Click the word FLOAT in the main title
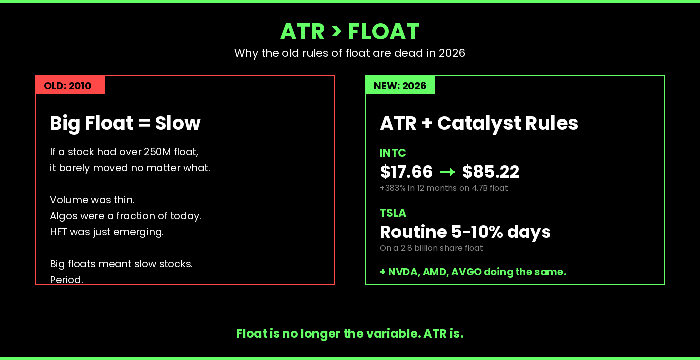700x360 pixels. click(x=383, y=32)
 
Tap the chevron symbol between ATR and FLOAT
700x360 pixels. click(x=336, y=31)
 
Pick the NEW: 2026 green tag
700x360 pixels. click(x=400, y=86)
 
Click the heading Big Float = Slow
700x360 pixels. click(x=125, y=123)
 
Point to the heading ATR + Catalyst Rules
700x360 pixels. click(x=479, y=123)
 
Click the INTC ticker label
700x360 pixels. click(x=393, y=153)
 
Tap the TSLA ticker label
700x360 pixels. click(x=393, y=213)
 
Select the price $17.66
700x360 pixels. click(x=406, y=172)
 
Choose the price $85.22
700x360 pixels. click(x=490, y=172)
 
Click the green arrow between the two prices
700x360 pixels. click(x=447, y=172)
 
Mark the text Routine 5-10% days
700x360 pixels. click(x=465, y=232)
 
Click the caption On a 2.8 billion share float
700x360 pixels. click(x=431, y=248)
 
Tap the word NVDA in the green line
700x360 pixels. click(x=402, y=272)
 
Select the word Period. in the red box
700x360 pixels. click(x=66, y=279)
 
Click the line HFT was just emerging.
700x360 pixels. click(x=107, y=232)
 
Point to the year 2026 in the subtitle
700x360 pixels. click(x=452, y=53)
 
